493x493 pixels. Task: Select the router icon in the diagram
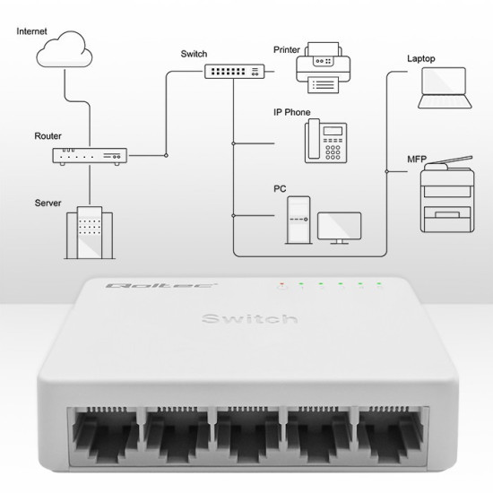coord(89,156)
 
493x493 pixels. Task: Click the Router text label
coord(48,135)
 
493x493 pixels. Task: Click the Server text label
coord(48,203)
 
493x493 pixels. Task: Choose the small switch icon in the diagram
coord(232,70)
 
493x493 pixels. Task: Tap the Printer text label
coord(288,51)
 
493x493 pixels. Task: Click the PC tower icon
coord(298,220)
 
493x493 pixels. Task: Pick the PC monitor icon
coord(339,228)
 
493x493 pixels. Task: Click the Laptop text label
coord(420,58)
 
